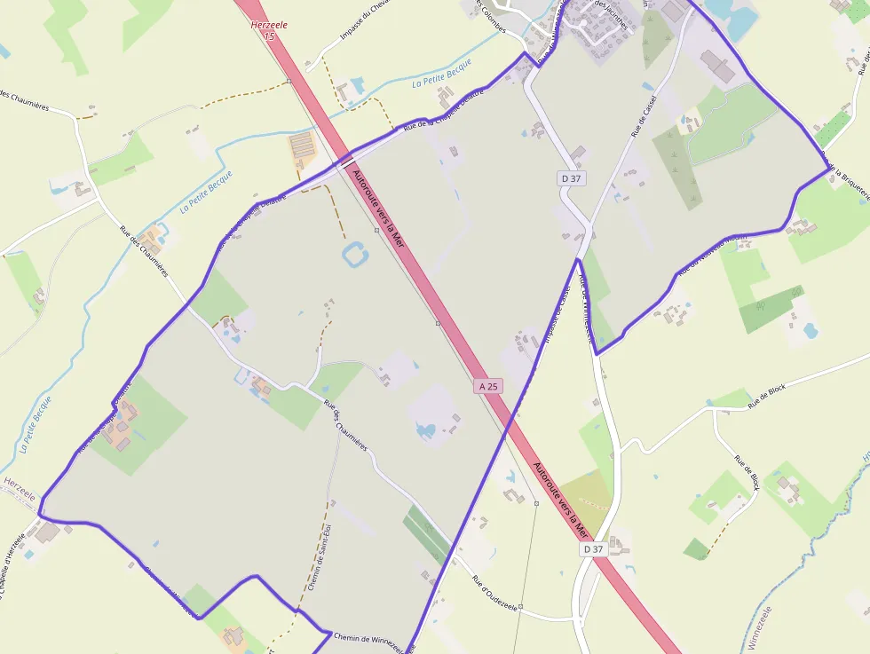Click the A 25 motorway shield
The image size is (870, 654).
(489, 386)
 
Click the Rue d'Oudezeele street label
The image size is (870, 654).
(494, 594)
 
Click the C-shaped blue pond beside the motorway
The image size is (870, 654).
(354, 254)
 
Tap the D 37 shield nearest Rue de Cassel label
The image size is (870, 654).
(571, 178)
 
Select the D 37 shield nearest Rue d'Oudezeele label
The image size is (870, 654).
(593, 549)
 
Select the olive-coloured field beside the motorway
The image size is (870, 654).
(587, 493)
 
